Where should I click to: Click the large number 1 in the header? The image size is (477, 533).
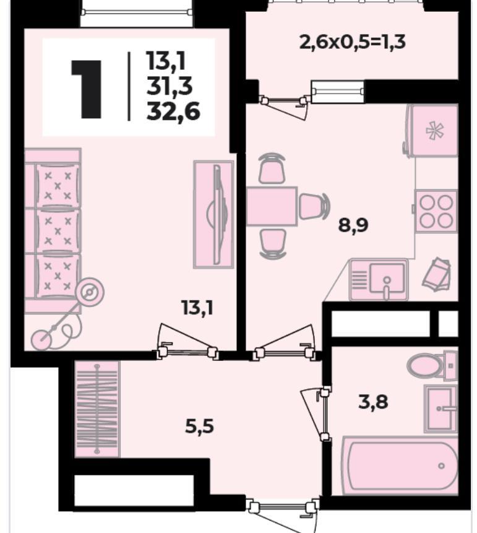86,89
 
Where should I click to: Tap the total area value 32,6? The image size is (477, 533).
173,112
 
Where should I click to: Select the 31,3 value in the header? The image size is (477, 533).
170,86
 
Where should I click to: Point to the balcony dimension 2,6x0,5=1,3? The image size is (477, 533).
352,43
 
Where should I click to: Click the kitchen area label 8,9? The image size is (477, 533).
353,225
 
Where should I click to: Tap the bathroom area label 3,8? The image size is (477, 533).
373,402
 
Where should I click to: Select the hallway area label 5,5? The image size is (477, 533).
199,427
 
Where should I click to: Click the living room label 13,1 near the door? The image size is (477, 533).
197,308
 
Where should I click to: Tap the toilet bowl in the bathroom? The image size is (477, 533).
431,366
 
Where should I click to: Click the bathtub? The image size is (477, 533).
400,466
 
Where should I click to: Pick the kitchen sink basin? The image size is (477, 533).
387,279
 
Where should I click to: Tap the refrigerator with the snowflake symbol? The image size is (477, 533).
433,131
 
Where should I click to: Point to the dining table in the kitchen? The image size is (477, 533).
272,206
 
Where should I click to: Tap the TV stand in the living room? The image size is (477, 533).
213,215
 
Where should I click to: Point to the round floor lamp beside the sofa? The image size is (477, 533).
90,292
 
